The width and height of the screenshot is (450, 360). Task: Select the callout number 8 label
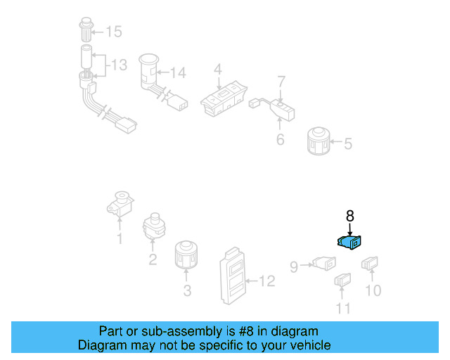point(349,217)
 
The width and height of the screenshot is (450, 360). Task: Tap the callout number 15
point(113,32)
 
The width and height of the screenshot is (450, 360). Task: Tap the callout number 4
point(218,69)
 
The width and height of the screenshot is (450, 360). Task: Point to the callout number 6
point(280,139)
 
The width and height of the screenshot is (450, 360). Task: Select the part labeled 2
point(153,226)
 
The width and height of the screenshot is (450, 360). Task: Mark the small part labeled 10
point(370,264)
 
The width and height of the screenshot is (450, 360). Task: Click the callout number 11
point(342,307)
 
